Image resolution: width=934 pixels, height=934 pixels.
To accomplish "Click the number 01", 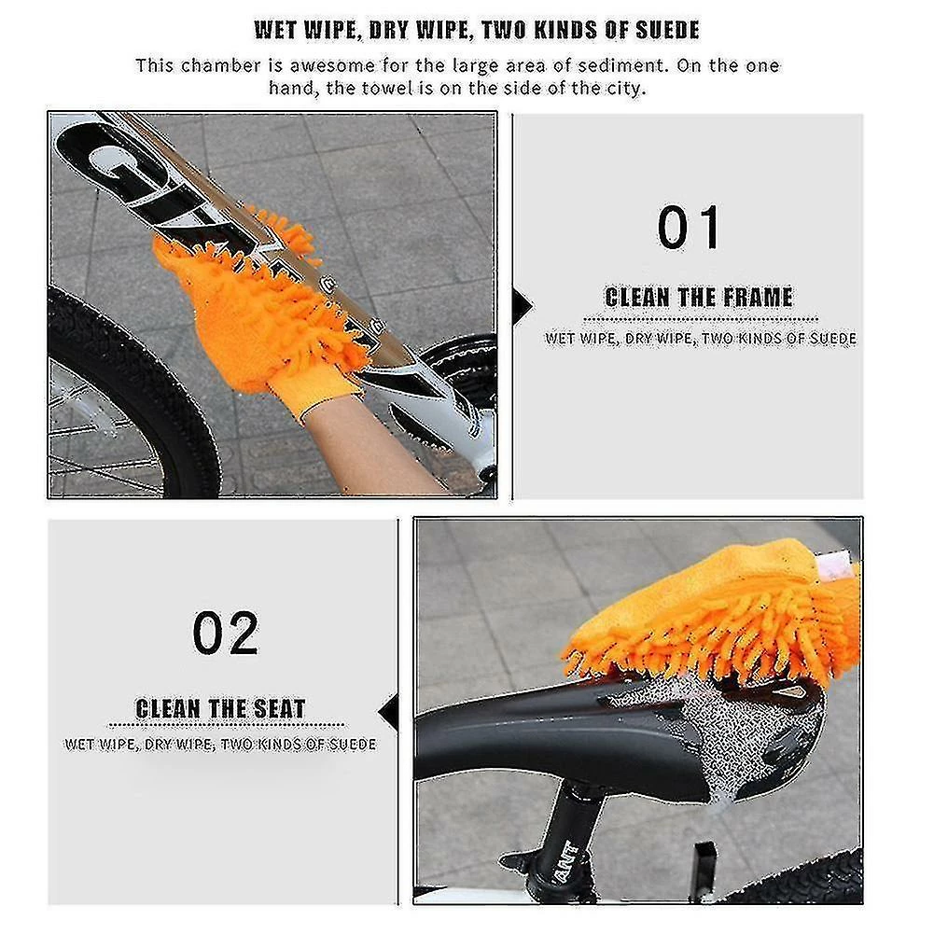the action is tap(689, 227).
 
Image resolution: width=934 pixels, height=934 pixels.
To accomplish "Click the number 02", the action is tap(226, 633).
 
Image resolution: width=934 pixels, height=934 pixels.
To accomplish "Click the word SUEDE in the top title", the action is tap(668, 30).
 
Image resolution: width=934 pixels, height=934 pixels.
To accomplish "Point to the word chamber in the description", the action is tap(221, 65).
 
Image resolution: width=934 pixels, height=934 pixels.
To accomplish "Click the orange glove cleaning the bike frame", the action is tap(257, 298).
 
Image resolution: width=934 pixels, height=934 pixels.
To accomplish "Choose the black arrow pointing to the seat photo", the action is tap(388, 712).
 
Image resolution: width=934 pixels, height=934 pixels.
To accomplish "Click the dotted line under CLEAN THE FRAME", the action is tap(701, 319).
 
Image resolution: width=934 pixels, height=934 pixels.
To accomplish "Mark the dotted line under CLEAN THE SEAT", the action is tap(227, 726).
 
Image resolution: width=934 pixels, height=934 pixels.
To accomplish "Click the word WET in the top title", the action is tap(276, 30).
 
